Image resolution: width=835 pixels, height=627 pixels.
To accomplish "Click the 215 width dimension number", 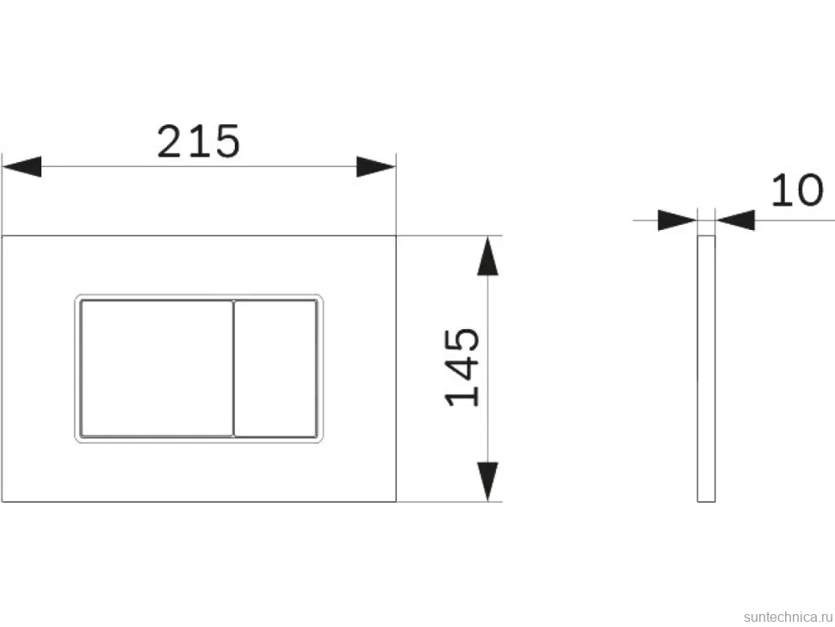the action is [x=199, y=141].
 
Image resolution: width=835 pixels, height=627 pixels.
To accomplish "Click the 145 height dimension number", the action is [x=462, y=367].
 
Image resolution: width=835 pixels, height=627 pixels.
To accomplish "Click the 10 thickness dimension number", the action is [x=797, y=189].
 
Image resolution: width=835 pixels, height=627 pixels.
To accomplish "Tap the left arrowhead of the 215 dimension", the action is [x=22, y=166].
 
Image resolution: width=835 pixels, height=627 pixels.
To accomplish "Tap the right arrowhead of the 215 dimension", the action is [x=376, y=166].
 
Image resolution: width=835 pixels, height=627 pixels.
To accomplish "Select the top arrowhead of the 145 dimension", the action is [x=488, y=256].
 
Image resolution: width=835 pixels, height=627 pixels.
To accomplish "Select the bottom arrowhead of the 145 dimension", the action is [x=488, y=481].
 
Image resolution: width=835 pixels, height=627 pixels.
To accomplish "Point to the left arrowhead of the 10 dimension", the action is [x=677, y=220].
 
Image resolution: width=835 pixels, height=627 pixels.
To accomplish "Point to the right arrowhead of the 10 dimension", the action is [x=735, y=220].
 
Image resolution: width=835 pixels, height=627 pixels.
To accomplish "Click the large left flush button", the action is [x=157, y=369].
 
